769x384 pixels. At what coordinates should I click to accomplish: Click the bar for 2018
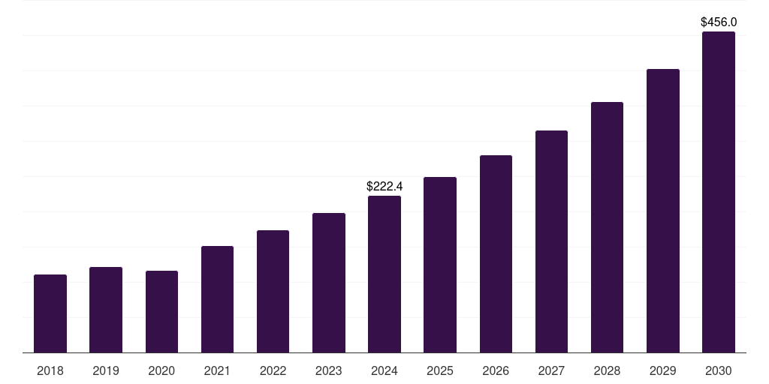coord(50,313)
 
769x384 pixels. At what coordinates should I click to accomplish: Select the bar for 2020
coord(161,311)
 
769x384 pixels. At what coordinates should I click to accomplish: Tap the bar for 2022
coord(273,291)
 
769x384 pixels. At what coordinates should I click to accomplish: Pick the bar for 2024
coord(384,274)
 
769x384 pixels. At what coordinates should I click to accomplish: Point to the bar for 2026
coord(496,253)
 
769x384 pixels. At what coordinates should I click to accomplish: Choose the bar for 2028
coord(607,226)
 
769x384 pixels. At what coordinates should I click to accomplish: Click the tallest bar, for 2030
coord(718,192)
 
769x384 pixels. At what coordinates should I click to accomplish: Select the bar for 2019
coord(106,310)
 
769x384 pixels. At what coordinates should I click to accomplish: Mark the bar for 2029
coord(662,211)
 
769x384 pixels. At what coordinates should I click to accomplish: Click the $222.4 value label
coord(384,186)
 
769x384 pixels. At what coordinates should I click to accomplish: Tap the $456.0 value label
coord(718,22)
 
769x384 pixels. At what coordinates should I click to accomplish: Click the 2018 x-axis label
coord(50,370)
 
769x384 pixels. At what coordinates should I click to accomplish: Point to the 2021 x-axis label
coord(217,370)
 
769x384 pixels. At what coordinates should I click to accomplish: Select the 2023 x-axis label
coord(328,370)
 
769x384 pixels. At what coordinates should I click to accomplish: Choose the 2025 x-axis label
coord(440,370)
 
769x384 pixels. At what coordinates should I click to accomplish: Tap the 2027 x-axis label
coord(551,370)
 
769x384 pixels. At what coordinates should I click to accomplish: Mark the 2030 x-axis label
coord(718,370)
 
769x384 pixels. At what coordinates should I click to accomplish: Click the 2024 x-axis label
coord(384,370)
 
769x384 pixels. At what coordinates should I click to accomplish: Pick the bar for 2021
coord(217,299)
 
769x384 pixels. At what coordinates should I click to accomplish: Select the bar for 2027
coord(551,241)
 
